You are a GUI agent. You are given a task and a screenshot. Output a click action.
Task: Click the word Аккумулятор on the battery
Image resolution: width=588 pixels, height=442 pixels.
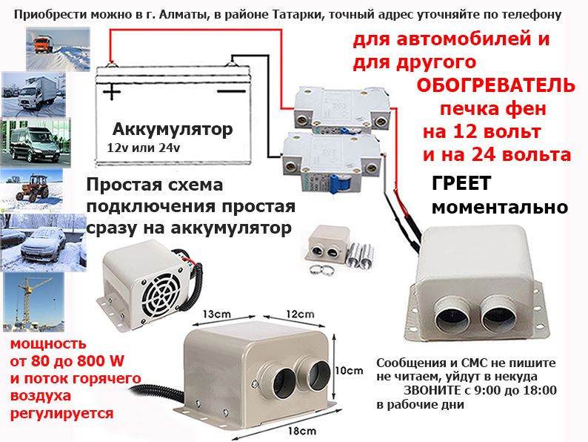173,130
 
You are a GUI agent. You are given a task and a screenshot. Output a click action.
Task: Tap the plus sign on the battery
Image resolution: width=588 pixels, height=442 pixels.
112,91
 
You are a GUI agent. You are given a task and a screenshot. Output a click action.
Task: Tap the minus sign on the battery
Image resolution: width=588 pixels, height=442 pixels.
232,91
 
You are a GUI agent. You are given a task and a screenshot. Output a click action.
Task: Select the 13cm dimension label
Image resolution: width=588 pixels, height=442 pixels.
216,314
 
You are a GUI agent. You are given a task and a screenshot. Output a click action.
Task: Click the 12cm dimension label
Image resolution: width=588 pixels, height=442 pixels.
300,314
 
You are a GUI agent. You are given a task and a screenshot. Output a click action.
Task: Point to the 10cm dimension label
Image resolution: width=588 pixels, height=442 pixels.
349,371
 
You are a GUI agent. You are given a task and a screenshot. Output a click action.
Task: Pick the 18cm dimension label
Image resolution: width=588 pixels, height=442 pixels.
302,431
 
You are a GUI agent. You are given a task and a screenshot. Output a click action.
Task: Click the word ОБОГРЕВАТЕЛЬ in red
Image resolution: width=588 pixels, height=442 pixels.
495,85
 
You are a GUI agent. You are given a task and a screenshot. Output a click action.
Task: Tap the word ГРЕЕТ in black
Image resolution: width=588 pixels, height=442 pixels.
461,184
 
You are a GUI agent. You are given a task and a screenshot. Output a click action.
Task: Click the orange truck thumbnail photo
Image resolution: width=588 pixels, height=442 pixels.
58,49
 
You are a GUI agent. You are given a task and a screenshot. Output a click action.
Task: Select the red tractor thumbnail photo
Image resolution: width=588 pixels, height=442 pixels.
32,191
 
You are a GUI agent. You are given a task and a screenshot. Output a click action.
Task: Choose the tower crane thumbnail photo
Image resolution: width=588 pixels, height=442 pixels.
34,303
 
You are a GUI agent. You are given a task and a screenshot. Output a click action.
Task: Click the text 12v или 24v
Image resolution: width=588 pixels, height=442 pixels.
143,148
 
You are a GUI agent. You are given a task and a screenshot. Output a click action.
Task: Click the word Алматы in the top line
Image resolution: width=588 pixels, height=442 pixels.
174,15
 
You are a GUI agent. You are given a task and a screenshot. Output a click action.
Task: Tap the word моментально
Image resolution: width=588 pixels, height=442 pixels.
500,207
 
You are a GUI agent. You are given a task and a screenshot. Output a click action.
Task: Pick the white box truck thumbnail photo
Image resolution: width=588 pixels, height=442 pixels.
34,95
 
